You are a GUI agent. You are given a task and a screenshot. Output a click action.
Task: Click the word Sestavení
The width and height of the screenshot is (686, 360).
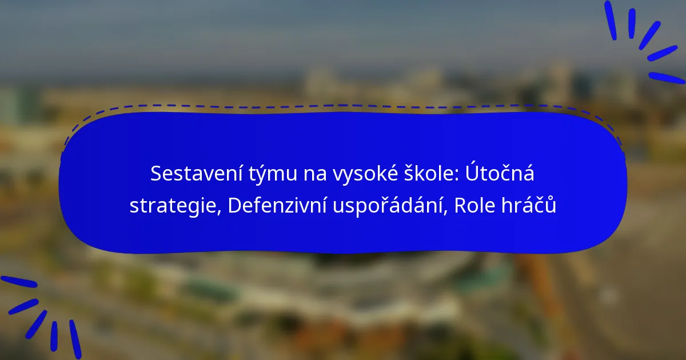(196, 173)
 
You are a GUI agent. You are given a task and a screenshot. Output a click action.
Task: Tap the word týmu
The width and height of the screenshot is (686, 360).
(273, 174)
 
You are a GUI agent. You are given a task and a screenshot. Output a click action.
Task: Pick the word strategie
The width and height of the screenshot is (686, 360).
(172, 206)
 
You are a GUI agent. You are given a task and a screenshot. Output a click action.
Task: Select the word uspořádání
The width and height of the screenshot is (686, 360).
(387, 205)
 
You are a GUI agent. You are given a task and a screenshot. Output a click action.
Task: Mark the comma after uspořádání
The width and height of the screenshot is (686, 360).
(445, 211)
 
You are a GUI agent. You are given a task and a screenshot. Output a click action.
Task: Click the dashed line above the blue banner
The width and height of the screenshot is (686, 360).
(343, 106)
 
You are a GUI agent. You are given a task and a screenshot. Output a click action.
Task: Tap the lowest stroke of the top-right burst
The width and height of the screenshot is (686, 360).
(667, 78)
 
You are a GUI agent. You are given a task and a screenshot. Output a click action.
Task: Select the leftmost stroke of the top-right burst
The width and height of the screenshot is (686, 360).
(611, 20)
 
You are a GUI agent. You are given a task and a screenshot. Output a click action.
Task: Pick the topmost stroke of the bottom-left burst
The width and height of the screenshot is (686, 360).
(19, 282)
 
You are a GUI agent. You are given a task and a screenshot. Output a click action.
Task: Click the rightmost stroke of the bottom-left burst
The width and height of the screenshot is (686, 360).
(75, 339)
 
